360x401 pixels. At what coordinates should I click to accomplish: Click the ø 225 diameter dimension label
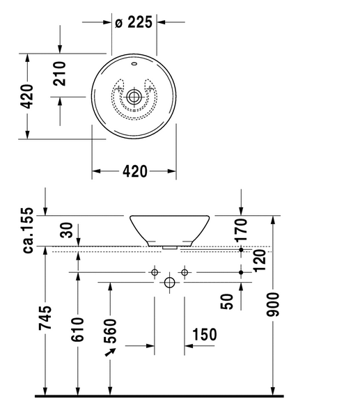(134, 22)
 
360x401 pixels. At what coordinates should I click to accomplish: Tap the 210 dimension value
(59, 73)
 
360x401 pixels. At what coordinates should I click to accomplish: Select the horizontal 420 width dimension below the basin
(135, 171)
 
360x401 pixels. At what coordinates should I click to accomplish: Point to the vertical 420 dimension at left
(26, 96)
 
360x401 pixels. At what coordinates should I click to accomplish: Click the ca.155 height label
(28, 230)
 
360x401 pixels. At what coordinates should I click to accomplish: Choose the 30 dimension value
(67, 230)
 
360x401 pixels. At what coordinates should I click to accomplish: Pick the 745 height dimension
(45, 317)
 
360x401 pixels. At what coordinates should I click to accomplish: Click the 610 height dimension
(77, 330)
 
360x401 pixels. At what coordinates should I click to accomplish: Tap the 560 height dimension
(110, 331)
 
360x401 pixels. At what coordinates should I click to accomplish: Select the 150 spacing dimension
(205, 334)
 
